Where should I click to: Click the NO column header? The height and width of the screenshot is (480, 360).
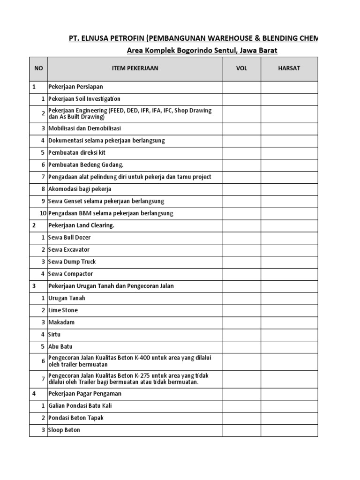(38, 68)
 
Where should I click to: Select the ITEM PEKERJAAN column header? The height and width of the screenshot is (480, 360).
(135, 68)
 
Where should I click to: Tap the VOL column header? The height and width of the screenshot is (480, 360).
(241, 68)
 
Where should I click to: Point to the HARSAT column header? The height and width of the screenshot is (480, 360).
(289, 68)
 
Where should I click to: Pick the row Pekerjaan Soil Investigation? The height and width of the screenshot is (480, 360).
(84, 99)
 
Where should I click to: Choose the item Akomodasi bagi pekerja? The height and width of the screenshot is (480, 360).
(80, 189)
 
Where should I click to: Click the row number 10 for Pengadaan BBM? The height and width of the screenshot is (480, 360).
(43, 213)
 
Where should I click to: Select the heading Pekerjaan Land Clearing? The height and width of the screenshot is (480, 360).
(81, 225)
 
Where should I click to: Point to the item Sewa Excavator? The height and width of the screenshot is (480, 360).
(69, 249)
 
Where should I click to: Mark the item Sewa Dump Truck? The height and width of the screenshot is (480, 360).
(72, 262)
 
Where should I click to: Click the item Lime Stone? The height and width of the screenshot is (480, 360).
(63, 310)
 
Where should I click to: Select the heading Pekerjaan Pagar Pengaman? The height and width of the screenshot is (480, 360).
(85, 394)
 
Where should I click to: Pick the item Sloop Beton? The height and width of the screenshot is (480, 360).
(64, 430)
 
